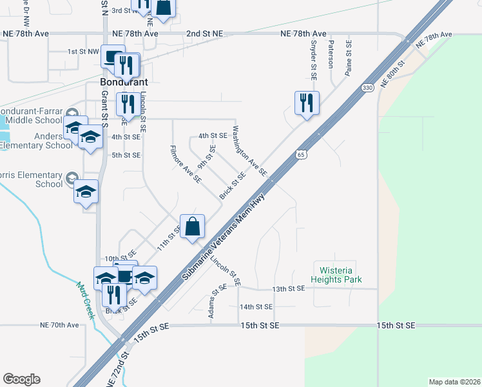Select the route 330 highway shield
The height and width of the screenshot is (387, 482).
(x=367, y=87)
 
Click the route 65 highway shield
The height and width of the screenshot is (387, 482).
(x=301, y=154)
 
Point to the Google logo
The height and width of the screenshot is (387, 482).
(x=21, y=379)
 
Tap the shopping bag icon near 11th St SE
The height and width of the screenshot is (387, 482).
(x=192, y=226)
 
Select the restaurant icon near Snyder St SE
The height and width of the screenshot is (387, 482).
(x=307, y=103)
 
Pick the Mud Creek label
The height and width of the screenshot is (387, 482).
(x=86, y=301)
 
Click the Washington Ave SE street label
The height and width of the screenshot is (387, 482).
(x=249, y=150)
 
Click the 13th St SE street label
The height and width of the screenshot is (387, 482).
(x=287, y=288)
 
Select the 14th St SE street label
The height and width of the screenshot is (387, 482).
(x=256, y=307)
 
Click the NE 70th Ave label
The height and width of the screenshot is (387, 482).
(x=59, y=325)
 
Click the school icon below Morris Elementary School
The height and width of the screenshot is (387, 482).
(x=86, y=192)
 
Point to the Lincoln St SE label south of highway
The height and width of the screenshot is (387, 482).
(x=226, y=272)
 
